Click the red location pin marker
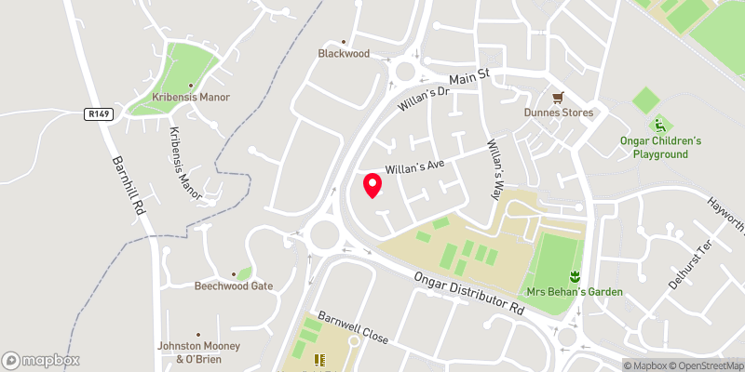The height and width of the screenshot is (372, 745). (x=372, y=185)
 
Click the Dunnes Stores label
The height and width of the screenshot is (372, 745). (x=557, y=113)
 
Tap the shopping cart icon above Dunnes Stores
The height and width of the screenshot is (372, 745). (x=559, y=96)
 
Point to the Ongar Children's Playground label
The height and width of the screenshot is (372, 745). (x=661, y=147)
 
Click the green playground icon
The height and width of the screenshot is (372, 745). (x=660, y=125)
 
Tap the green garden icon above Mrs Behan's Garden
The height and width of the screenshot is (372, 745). (x=575, y=275)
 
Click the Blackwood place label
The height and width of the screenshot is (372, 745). (x=344, y=54)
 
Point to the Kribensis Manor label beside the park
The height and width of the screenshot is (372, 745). (x=191, y=97)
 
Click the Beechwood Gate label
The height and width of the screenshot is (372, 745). (x=233, y=286)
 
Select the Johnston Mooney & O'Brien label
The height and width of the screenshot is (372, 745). (x=198, y=352)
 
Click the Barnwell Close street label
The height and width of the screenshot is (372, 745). (x=353, y=327)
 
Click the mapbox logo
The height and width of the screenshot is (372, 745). (x=41, y=360)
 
